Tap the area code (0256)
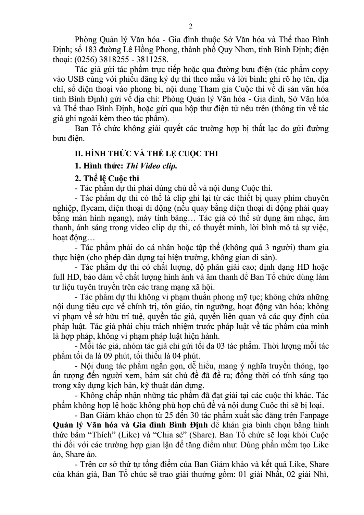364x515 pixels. [x=84, y=59]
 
